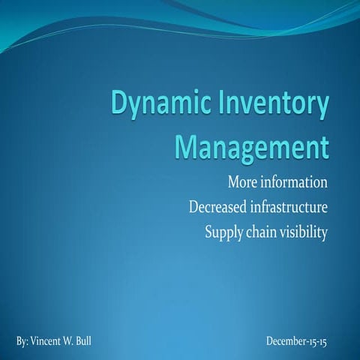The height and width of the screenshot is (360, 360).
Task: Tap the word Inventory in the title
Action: pos(268,107)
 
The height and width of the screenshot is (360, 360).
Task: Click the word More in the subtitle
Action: pos(241,182)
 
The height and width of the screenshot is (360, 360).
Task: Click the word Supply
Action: pos(223,233)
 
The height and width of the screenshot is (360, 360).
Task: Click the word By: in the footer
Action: pos(22,342)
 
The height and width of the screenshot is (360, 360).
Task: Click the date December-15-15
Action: pos(296,342)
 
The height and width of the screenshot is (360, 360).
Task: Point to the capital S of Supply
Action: pos(209,232)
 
